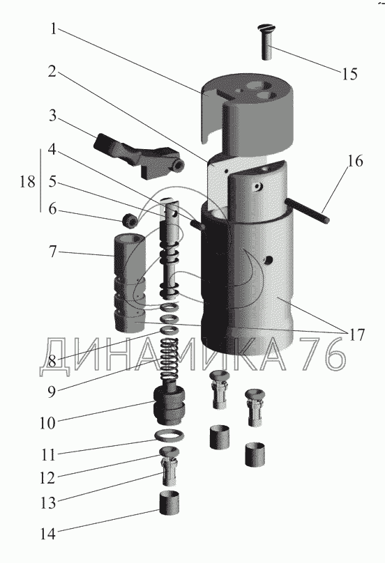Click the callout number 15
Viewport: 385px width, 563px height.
[349, 74]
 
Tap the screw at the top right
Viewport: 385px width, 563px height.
[266, 42]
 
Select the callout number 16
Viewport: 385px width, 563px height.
[355, 162]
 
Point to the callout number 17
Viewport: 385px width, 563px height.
[356, 335]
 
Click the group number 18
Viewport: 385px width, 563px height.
[28, 181]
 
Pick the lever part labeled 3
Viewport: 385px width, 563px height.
[138, 155]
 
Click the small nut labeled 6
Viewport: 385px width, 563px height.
[129, 220]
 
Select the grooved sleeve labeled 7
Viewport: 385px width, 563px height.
[130, 283]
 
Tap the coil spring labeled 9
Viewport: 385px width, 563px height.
[169, 361]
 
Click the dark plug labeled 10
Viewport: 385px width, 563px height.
[169, 404]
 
